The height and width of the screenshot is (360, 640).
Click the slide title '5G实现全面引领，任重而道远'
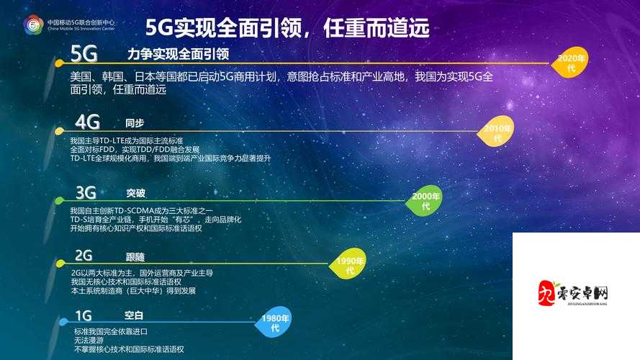point(288,28)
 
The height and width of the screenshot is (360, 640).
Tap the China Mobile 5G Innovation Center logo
point(34,25)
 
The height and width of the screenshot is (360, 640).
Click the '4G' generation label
point(87,120)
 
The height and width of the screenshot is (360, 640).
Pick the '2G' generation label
point(84,255)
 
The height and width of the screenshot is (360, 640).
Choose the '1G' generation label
point(84,315)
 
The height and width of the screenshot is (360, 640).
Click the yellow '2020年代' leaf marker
point(571,63)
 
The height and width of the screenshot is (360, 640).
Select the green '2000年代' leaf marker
point(425,201)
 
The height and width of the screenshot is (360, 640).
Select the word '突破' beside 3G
point(135,192)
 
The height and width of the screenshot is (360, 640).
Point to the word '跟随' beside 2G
point(135,256)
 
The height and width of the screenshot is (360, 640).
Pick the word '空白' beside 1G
point(134,315)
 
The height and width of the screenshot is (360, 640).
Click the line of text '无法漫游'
point(88,340)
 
